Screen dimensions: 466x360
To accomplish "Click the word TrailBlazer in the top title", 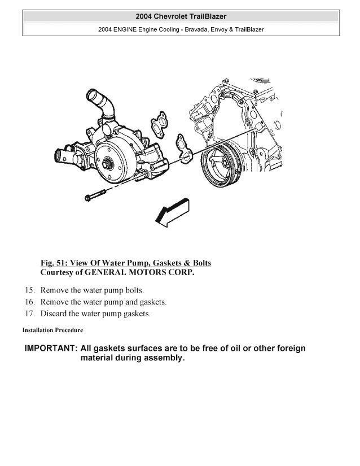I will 207,16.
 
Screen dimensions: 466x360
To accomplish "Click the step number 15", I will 30,290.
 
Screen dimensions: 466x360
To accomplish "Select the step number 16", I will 30,302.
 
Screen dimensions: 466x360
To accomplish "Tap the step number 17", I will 30,314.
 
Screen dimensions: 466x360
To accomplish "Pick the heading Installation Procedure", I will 52,329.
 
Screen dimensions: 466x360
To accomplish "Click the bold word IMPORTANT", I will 50,348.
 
